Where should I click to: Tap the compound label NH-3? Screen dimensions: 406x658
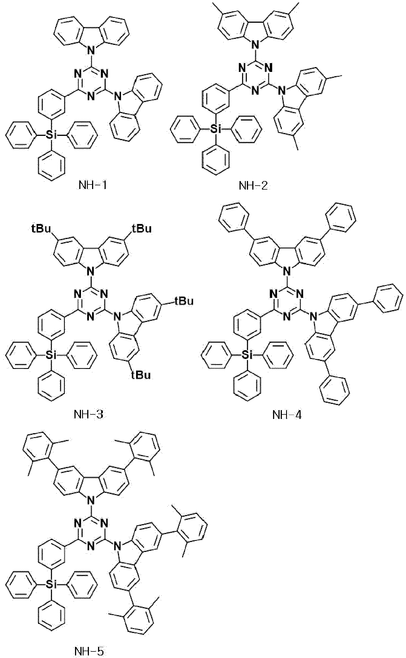(x=88, y=414)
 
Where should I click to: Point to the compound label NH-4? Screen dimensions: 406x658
(x=287, y=415)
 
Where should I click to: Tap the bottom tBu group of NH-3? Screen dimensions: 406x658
(x=141, y=375)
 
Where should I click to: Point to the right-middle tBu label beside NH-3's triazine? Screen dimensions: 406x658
(x=184, y=301)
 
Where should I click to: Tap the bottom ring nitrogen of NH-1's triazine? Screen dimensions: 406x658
(x=91, y=96)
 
